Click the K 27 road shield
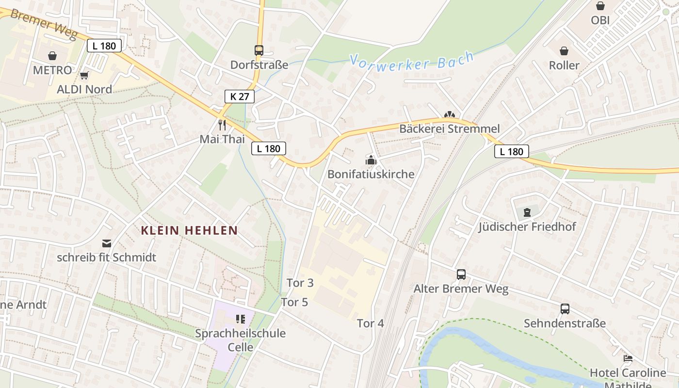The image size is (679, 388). (240, 96)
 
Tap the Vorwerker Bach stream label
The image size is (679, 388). (411, 62)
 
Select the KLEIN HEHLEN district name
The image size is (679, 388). (189, 231)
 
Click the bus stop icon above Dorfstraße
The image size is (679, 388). (259, 50)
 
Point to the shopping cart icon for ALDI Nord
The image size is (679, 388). (84, 75)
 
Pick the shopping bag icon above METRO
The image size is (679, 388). (52, 56)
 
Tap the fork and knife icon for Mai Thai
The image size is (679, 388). (222, 125)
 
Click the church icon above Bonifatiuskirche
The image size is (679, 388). (371, 160)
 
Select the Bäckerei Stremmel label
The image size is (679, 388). (449, 129)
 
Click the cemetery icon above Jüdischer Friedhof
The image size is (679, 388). (527, 212)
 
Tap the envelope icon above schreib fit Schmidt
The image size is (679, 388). (107, 243)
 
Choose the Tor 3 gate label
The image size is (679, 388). (300, 283)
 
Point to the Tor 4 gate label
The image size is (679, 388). (371, 323)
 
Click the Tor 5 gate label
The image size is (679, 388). (294, 302)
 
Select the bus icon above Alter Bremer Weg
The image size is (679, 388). (461, 275)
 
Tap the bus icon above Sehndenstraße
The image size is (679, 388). (565, 309)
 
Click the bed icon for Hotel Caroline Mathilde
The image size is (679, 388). (628, 358)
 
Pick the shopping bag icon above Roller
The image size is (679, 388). (564, 51)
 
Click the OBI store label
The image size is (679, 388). (600, 20)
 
